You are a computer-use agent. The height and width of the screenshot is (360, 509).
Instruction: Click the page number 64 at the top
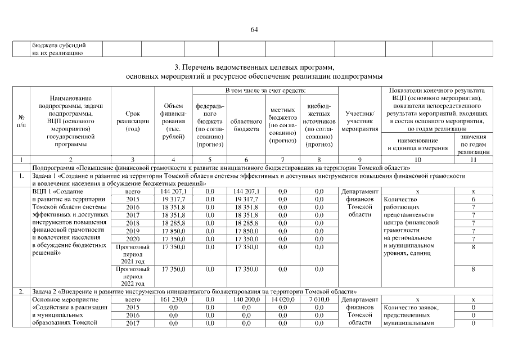tap(254, 30)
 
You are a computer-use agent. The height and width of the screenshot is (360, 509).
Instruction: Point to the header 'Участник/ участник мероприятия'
tap(360, 121)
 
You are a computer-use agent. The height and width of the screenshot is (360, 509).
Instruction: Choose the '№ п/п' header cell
tap(21, 121)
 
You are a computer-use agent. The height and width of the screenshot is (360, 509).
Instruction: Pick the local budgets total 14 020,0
tap(282, 300)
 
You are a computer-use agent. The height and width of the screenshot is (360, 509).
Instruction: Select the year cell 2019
tap(133, 231)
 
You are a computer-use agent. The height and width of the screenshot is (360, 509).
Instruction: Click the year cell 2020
tap(133, 238)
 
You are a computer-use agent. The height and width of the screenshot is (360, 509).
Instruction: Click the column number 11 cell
tap(474, 160)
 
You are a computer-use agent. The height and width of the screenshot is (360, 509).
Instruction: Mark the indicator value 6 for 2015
tap(474, 199)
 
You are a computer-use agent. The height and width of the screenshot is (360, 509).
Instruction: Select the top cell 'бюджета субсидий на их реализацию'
tap(58, 49)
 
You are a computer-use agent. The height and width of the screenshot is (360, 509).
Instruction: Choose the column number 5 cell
tap(209, 160)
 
